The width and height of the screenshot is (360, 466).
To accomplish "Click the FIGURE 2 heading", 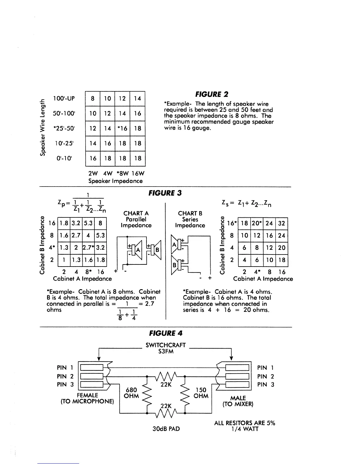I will coord(212,94).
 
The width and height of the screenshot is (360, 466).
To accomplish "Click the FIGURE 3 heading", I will coord(165,193).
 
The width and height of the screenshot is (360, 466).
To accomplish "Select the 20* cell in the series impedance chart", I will coord(257,223).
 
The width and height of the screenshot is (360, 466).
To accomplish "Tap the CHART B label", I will coord(190,213).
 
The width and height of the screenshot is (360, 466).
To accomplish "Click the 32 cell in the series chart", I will coord(281,223).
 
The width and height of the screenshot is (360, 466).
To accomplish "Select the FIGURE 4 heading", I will coord(166,333).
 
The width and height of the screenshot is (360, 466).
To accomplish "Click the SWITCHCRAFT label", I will coord(166,345).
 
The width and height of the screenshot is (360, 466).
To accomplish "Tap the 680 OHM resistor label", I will coord(131,393).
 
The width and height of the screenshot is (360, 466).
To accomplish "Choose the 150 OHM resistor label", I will coord(201,393).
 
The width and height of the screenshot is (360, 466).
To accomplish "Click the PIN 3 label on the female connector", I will coord(65,385).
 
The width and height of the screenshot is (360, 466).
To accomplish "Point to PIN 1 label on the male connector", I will coord(265,368).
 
